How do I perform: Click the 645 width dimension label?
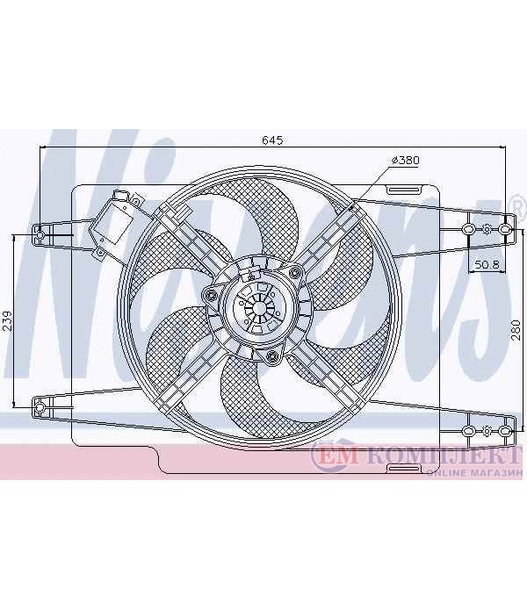[272, 140]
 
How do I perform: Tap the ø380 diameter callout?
[406, 160]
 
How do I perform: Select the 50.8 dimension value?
[487, 264]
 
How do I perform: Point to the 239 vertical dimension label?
[8, 321]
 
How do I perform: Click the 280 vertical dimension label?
[516, 330]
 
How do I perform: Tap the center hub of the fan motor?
[259, 308]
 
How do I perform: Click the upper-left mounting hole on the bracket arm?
[40, 235]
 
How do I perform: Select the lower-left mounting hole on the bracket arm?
[40, 407]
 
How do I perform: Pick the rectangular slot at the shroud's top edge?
[403, 190]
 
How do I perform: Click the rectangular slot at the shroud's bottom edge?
[403, 468]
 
